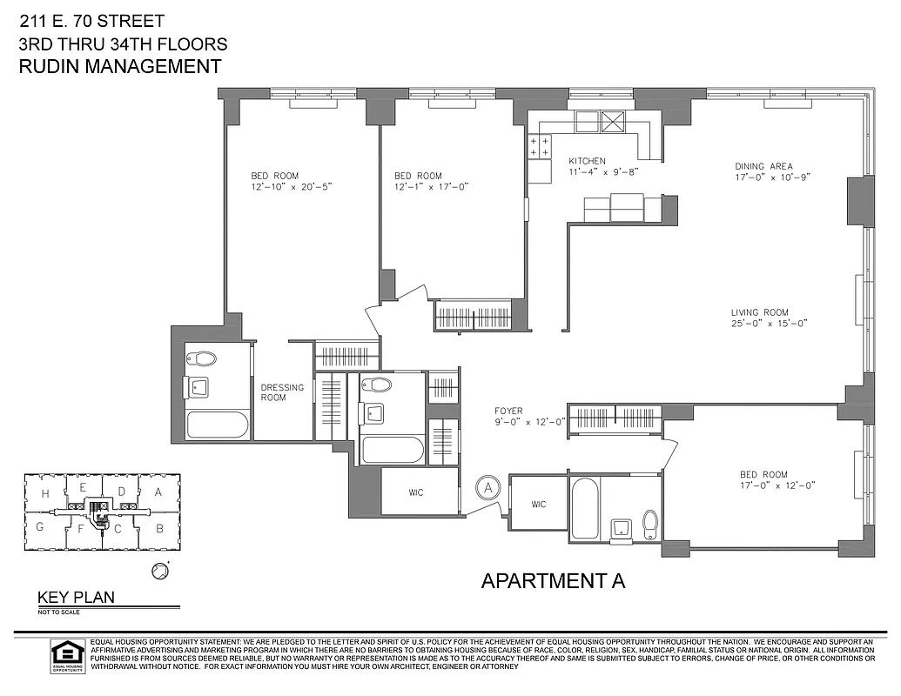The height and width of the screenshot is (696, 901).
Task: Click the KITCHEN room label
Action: click(x=587, y=161)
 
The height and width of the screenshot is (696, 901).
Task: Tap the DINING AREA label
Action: click(x=763, y=166)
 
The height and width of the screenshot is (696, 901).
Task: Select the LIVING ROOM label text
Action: click(x=759, y=312)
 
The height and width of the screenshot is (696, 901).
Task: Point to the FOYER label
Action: click(x=508, y=410)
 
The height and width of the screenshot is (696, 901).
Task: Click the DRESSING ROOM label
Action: click(x=282, y=392)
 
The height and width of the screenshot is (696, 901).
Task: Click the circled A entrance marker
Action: click(x=488, y=487)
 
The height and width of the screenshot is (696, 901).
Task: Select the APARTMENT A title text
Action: click(x=553, y=581)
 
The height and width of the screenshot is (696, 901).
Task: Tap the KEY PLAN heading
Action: click(x=76, y=598)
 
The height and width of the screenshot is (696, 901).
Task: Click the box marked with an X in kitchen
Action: click(x=614, y=122)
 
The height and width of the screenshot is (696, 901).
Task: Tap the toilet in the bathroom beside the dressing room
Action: click(x=206, y=358)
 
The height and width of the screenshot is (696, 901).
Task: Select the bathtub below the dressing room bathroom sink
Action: click(x=218, y=425)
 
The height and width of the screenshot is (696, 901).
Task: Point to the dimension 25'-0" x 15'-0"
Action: click(x=769, y=324)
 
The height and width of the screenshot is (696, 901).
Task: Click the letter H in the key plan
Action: click(x=43, y=493)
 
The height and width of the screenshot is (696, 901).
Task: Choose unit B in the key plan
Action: click(x=158, y=527)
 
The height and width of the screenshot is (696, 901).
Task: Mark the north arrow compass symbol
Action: click(x=158, y=571)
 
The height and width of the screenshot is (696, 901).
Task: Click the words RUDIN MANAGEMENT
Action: click(x=119, y=66)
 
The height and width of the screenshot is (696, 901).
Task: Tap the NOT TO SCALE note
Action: click(x=58, y=612)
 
